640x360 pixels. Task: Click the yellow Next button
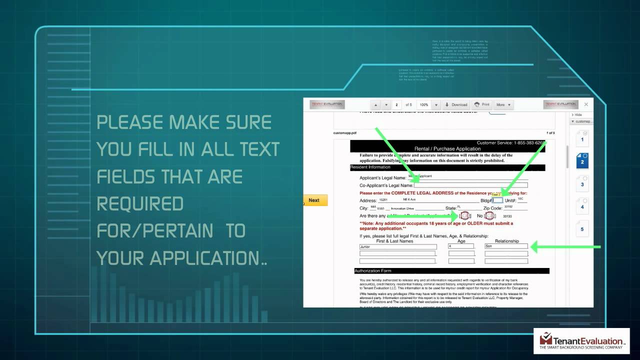point(314,200)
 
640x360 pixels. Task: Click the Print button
point(481,104)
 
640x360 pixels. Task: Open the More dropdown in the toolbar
point(502,104)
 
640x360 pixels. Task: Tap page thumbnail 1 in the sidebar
point(582,139)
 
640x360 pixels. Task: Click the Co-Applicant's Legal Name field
point(470,185)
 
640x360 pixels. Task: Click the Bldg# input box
point(497,200)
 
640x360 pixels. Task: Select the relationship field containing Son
point(506,246)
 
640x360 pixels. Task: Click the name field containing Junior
point(397,246)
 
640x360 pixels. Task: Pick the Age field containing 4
point(461,246)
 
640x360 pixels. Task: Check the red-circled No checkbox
point(489,216)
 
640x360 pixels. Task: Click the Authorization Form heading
point(373,271)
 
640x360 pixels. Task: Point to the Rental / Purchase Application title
point(447,149)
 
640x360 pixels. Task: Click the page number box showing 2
point(397,104)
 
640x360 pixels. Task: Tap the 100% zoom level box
point(424,104)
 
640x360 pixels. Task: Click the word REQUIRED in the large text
point(133,204)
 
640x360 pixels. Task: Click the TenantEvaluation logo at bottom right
point(581,341)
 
